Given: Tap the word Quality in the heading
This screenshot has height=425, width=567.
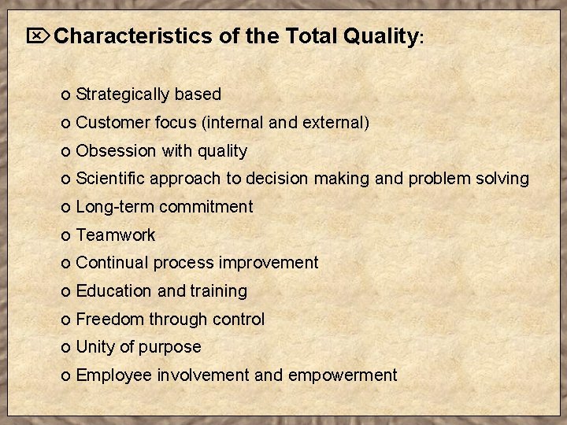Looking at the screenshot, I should [380, 36].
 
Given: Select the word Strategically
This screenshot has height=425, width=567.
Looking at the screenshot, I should [123, 94].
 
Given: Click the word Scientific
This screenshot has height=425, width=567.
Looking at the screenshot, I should [111, 179].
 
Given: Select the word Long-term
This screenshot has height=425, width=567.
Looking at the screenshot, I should [115, 207].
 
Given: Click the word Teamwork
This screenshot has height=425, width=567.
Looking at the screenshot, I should [116, 235].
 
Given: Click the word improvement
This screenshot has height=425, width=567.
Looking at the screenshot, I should [268, 263].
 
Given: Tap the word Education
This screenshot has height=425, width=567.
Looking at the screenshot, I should [114, 291].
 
